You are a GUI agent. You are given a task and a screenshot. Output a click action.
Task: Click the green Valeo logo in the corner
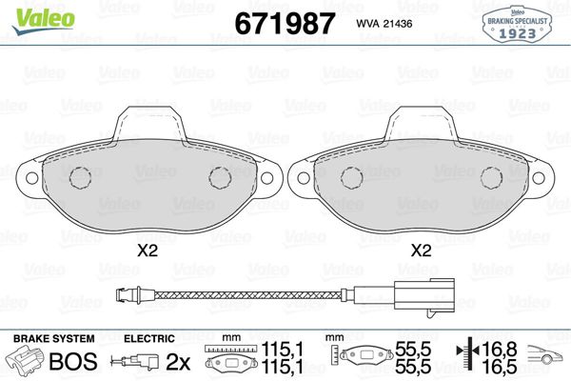tap(44, 20)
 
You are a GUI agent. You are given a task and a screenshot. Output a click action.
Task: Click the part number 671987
tap(285, 23)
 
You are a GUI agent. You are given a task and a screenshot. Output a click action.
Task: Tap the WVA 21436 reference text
tap(384, 24)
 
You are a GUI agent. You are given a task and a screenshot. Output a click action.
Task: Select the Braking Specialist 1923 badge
tap(517, 25)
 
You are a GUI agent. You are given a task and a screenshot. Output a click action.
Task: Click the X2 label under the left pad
tap(148, 251)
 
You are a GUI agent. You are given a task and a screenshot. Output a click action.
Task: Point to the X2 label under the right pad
tap(421, 251)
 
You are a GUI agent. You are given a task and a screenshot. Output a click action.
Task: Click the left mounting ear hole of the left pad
tap(32, 178)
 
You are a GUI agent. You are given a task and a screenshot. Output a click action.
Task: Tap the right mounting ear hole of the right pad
tap(539, 178)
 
